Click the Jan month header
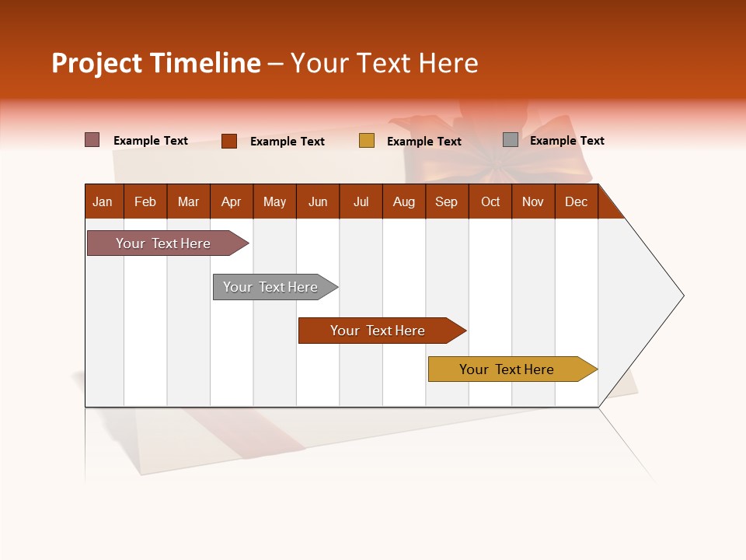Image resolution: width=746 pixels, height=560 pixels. pos(103,201)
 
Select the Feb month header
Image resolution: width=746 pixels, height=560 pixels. pos(145,201)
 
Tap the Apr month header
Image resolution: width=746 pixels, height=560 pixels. pos(231,201)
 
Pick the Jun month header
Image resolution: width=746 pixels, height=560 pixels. pos(318,201)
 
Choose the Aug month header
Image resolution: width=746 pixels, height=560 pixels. pos(403,201)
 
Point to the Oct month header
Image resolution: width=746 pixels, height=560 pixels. pos(490,201)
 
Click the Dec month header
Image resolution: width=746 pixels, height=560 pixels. pos(576,201)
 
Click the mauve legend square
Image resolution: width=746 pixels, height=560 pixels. pos(92,140)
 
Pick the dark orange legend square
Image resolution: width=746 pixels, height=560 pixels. pos(229,141)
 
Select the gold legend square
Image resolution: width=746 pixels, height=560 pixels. pos(367,141)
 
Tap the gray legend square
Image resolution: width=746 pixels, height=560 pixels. pos(511,140)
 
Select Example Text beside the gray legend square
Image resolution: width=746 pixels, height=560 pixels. pos(566,141)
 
